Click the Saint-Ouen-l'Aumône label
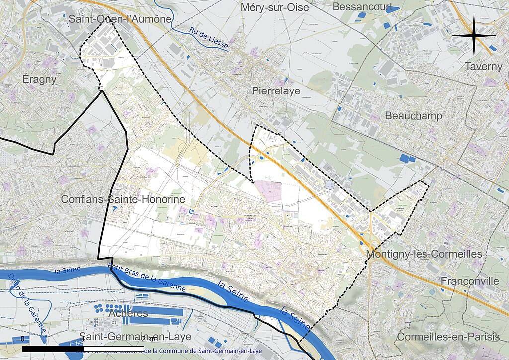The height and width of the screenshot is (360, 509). click(x=120, y=19)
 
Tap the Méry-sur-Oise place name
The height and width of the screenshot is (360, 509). click(x=274, y=7)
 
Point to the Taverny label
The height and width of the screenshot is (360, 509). click(x=484, y=66)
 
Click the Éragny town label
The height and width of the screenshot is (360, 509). click(x=39, y=79)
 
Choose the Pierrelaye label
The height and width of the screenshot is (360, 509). click(x=276, y=91)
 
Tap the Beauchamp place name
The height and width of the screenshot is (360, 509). click(x=414, y=116)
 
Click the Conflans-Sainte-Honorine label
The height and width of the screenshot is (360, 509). click(x=123, y=199)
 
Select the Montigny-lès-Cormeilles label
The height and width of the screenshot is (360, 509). click(x=424, y=254)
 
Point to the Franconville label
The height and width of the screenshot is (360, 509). click(x=470, y=281)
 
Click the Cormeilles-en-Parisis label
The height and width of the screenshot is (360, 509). click(x=447, y=337)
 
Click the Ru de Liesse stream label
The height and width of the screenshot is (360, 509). click(x=209, y=38)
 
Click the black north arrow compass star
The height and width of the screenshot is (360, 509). click(x=474, y=36)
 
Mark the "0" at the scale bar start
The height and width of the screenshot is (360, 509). click(x=23, y=339)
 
